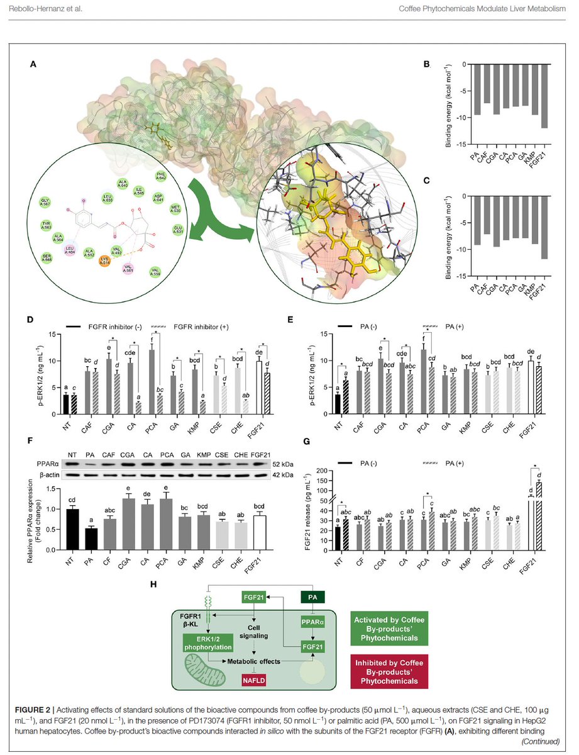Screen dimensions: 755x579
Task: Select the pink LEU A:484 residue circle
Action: (x=72, y=250)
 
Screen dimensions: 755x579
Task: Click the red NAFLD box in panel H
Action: (x=255, y=678)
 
